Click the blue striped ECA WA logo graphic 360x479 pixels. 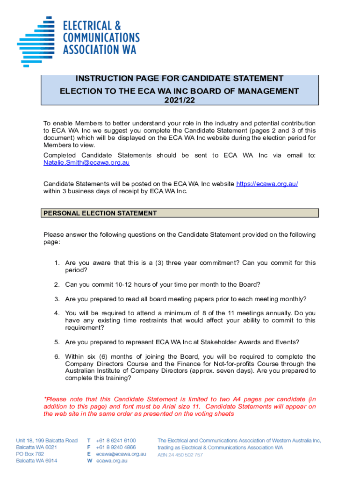click(x=36, y=40)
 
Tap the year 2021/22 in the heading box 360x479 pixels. click(x=180, y=99)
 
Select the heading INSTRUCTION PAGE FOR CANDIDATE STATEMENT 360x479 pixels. click(x=180, y=79)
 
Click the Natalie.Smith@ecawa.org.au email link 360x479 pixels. click(x=86, y=162)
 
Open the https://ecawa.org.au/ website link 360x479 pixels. click(x=267, y=184)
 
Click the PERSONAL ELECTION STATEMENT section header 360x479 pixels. click(x=100, y=213)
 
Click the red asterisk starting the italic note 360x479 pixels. click(x=45, y=399)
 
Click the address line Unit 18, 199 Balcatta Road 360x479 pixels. click(x=46, y=441)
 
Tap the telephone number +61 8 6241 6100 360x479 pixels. click(x=116, y=441)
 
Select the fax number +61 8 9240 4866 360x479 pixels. click(x=116, y=447)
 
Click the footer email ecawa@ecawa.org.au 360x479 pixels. click(x=121, y=454)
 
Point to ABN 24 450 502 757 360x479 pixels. click(x=180, y=455)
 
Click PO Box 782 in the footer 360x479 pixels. click(x=30, y=454)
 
